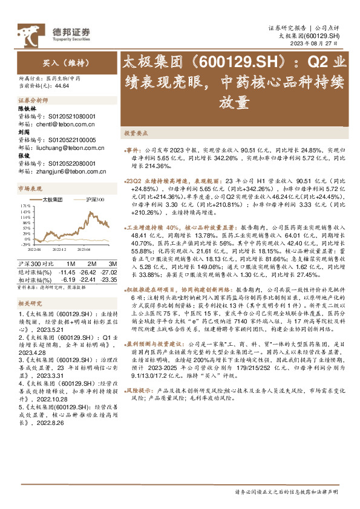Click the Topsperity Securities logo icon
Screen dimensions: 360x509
[27, 31]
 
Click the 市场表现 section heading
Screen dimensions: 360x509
[29, 189]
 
